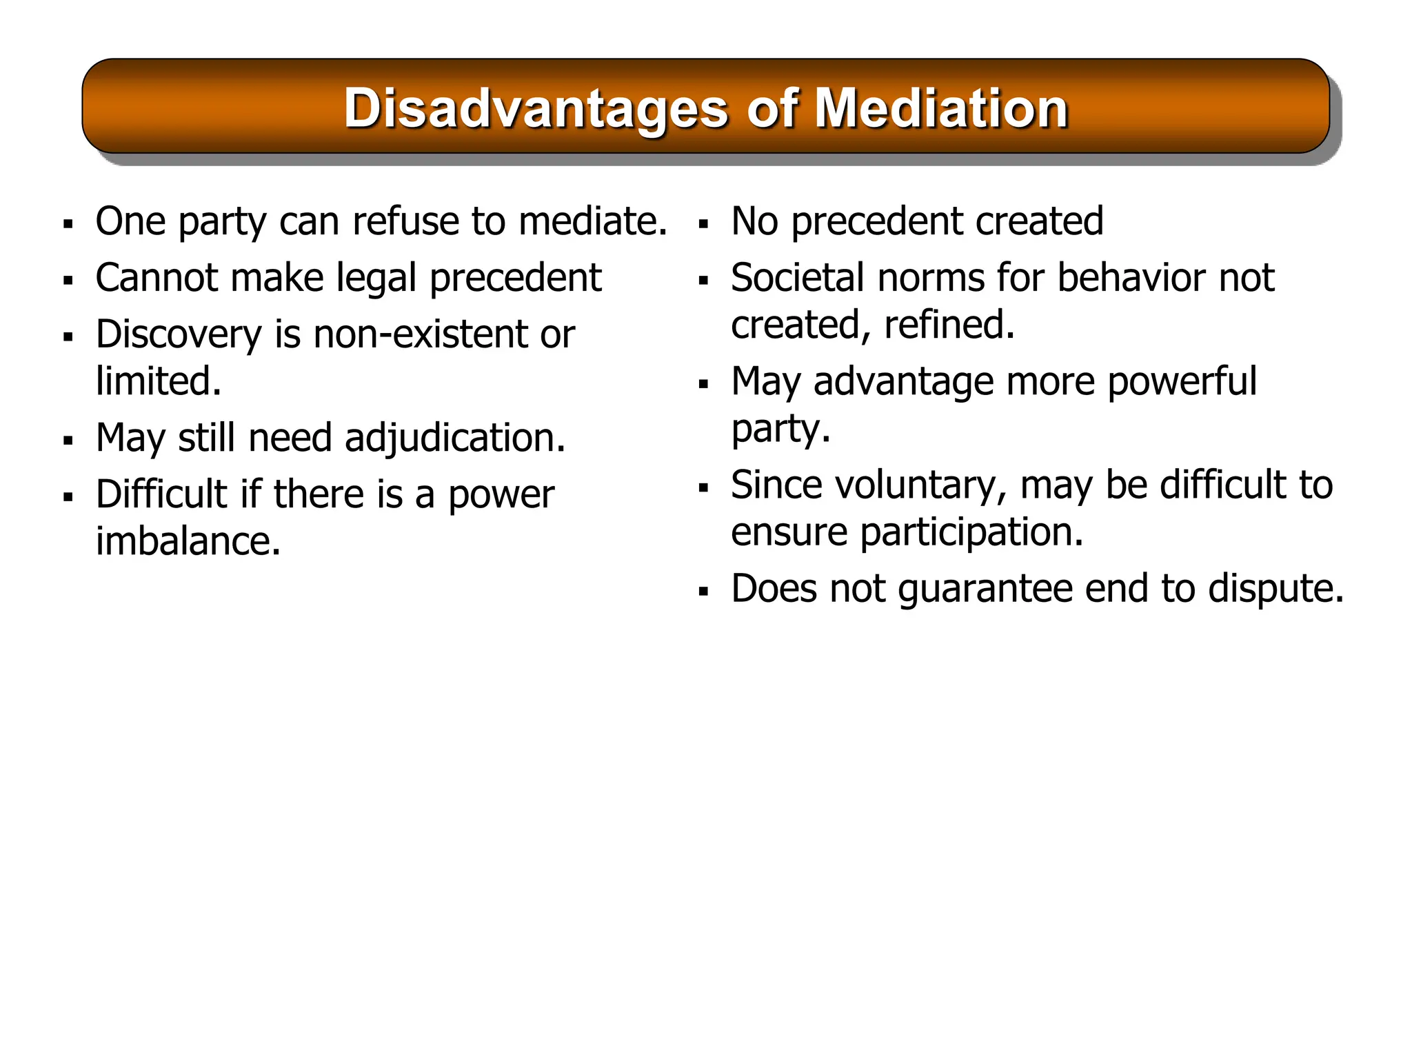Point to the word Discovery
[179, 335]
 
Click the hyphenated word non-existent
[421, 334]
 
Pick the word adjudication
[454, 438]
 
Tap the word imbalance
[188, 541]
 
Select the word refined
[949, 325]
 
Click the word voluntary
[921, 485]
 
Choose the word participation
[971, 532]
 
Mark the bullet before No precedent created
[703, 224]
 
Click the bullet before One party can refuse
[68, 224]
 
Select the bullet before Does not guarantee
[703, 592]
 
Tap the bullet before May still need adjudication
[68, 441]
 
